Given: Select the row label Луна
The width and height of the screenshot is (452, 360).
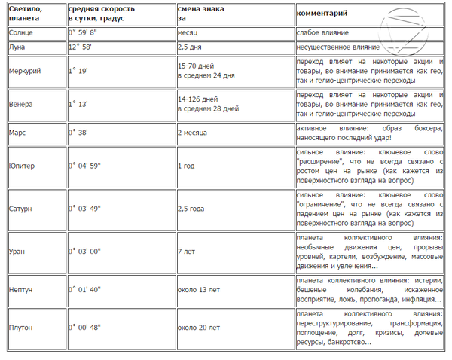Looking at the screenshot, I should click(18, 47).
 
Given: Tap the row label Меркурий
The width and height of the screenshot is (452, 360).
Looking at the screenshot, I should click(25, 71).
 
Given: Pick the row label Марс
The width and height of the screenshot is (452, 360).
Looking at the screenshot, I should click(18, 132).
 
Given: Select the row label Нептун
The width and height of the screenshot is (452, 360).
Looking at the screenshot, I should click(23, 289).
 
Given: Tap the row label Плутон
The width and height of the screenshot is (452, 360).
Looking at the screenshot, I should click(23, 328).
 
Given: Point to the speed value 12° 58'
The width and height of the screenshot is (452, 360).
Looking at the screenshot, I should click(84, 47).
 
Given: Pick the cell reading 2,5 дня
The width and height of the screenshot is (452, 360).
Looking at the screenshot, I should click(190, 47).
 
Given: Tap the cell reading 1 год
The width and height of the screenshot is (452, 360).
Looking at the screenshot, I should click(186, 165).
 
